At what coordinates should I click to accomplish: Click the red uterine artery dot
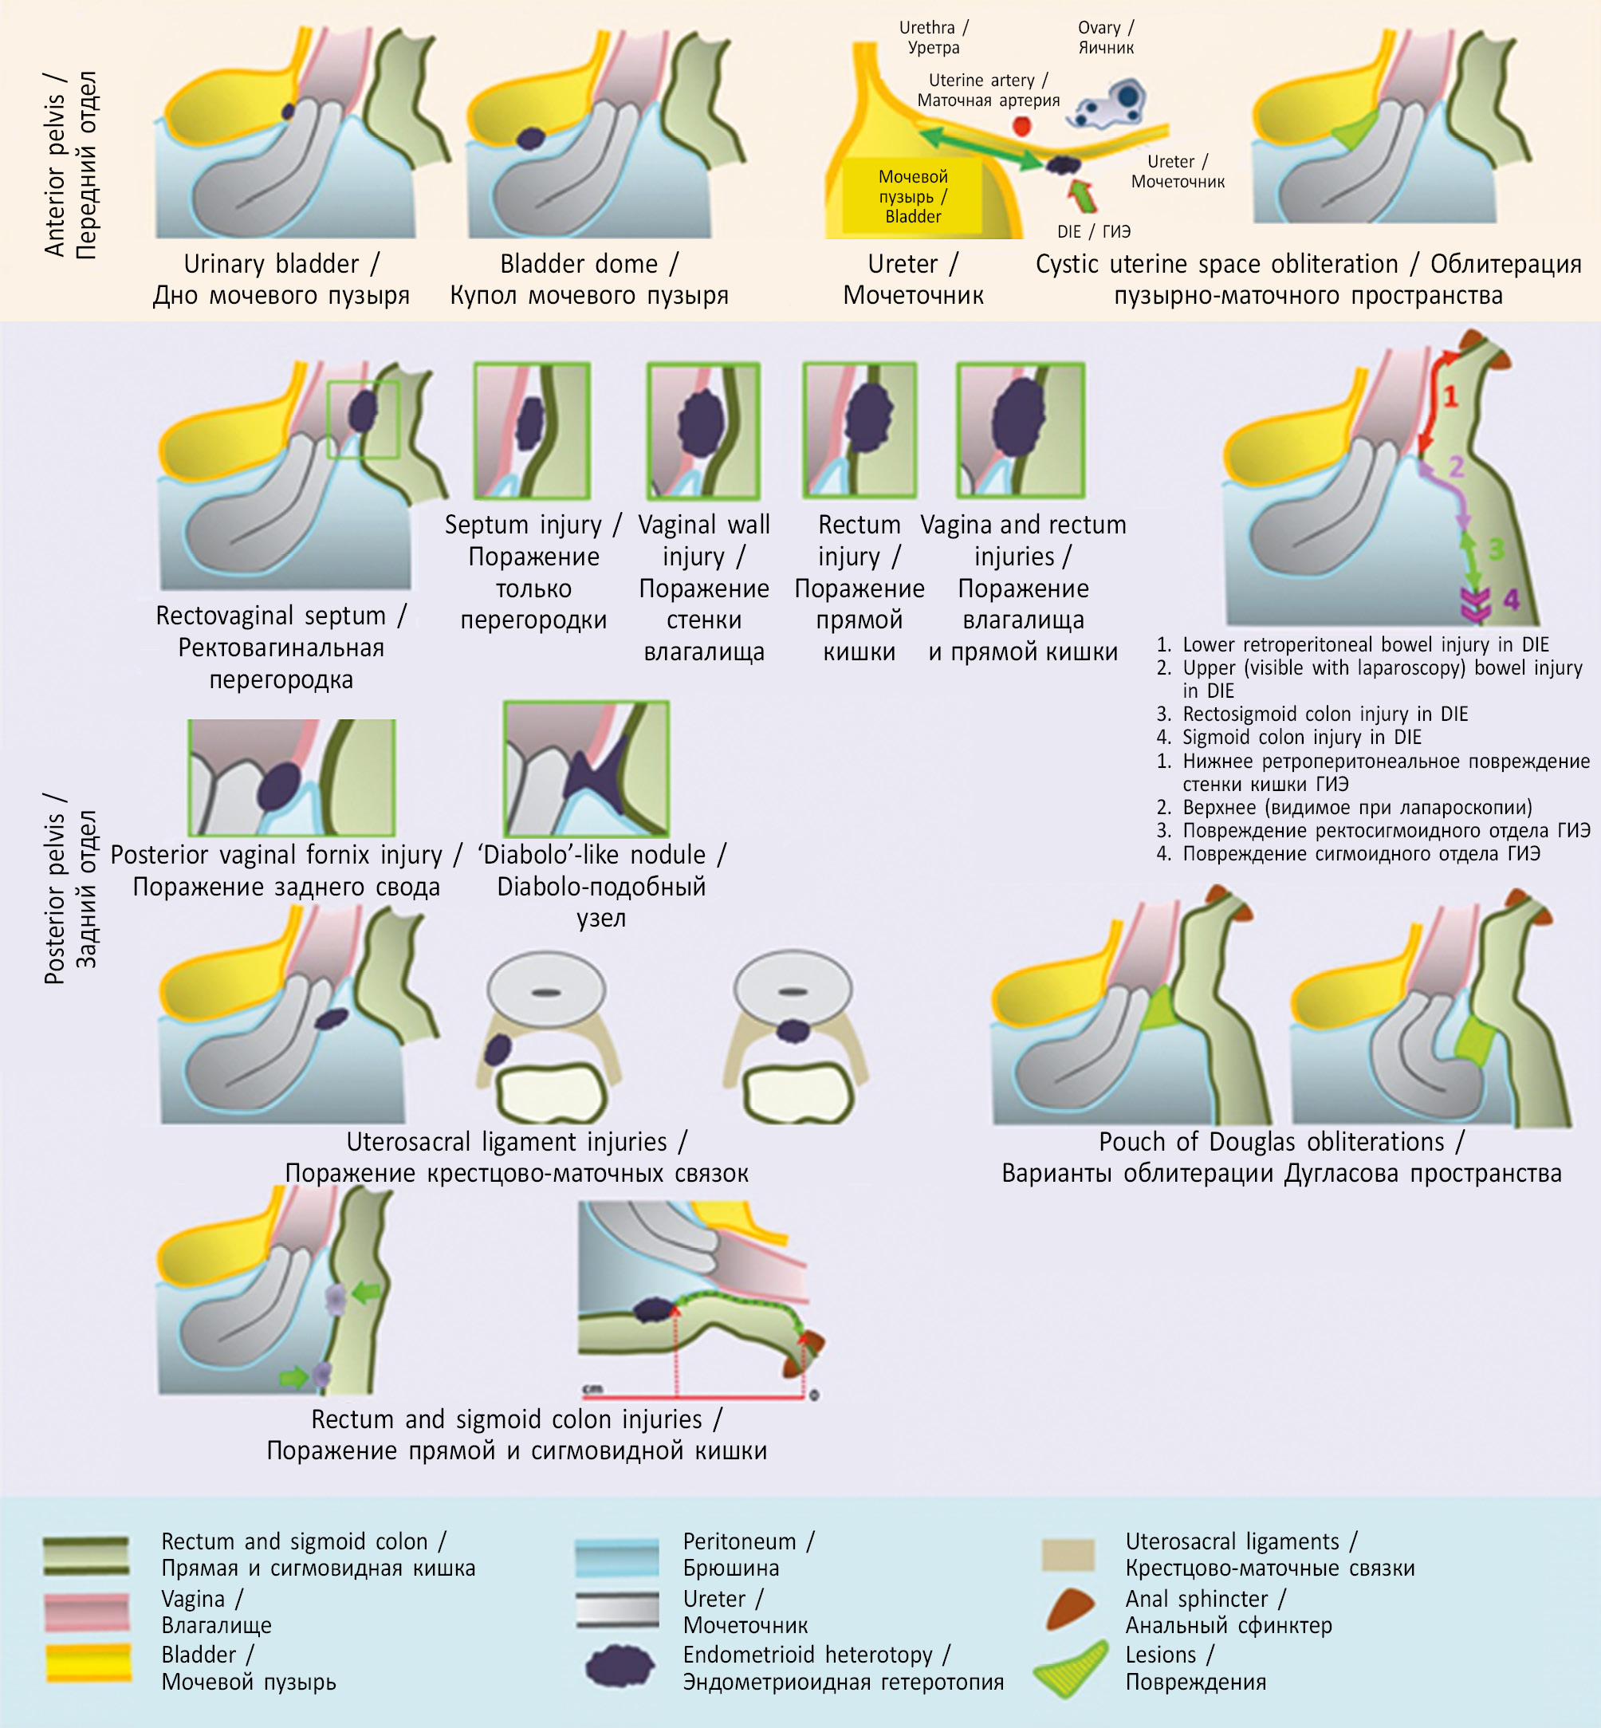[x=1022, y=126]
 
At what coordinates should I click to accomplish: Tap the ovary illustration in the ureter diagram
[x=1112, y=103]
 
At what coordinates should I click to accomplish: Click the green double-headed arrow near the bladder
[x=979, y=148]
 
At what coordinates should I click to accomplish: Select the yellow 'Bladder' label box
[x=912, y=196]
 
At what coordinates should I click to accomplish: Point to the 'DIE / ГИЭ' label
[x=1093, y=231]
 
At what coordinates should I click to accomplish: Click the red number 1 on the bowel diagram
[x=1450, y=397]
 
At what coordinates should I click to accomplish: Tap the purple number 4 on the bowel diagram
[x=1512, y=599]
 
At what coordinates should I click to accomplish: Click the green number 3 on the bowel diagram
[x=1497, y=549]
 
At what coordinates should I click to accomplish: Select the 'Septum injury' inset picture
[x=532, y=430]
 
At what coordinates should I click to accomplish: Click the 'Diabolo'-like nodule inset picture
[x=587, y=769]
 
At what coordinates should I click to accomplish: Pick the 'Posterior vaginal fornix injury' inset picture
[x=292, y=777]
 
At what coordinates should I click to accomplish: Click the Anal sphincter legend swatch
[x=1069, y=1608]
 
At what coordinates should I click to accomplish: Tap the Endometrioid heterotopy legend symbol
[x=619, y=1666]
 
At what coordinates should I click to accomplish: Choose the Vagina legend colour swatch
[x=87, y=1610]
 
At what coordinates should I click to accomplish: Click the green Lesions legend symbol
[x=1071, y=1667]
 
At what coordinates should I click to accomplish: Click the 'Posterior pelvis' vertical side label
[x=70, y=888]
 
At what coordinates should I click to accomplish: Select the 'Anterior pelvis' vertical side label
[x=70, y=164]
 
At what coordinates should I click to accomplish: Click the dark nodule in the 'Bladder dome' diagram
[x=530, y=139]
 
